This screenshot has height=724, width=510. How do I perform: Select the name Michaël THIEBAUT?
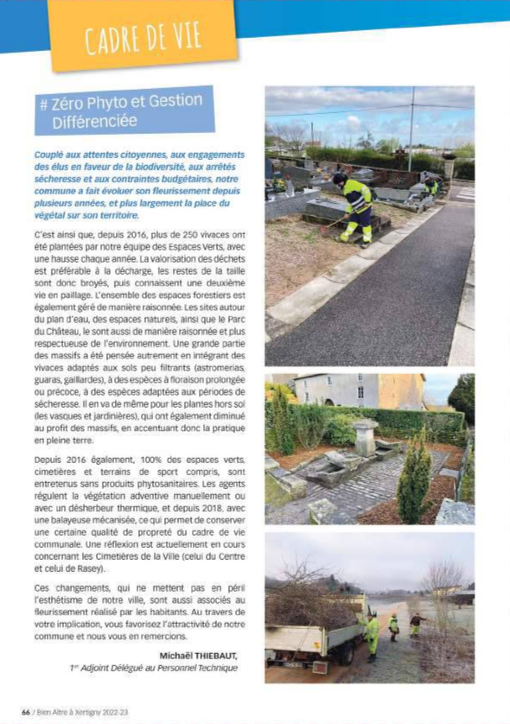(198, 655)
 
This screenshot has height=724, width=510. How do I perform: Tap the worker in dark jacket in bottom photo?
(417, 624)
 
